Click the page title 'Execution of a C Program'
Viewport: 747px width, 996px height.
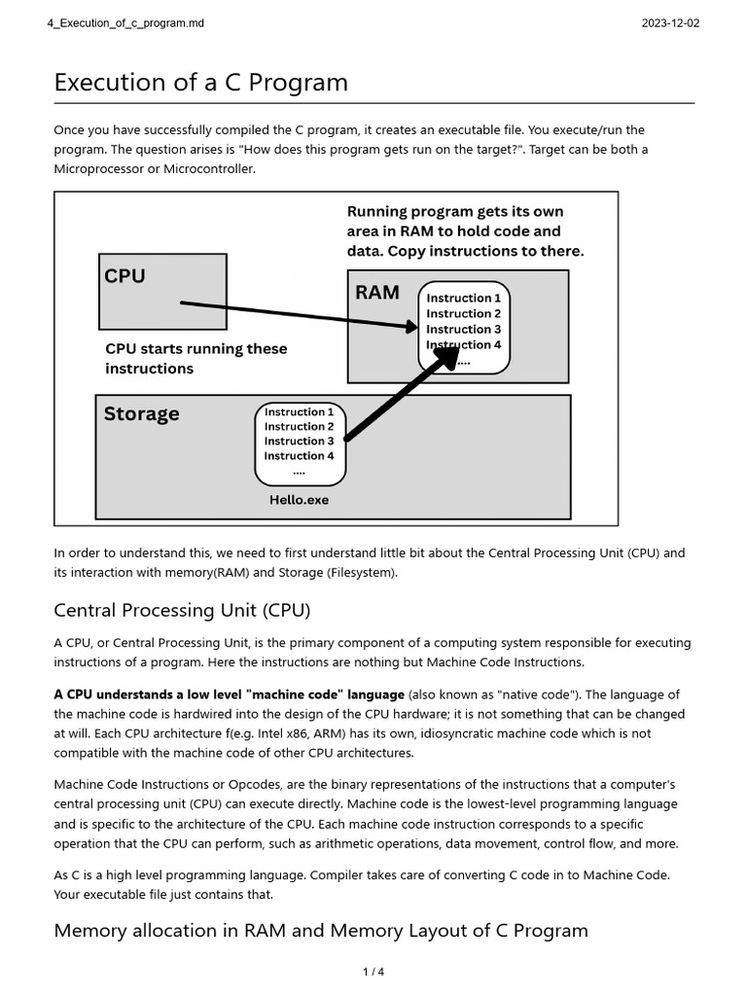tap(200, 83)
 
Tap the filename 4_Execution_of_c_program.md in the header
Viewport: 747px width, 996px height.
tap(125, 23)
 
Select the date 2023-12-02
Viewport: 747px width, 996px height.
tap(670, 23)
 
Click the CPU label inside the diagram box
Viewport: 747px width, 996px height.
tap(124, 276)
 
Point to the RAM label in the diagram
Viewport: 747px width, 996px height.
tap(376, 292)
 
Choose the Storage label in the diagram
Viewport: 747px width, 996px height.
tap(141, 413)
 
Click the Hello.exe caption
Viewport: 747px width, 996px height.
tap(299, 500)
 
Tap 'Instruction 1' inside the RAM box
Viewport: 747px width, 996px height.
tap(464, 298)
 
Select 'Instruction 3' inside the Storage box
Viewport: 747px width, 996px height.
tap(299, 441)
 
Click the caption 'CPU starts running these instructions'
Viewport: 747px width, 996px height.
tap(196, 358)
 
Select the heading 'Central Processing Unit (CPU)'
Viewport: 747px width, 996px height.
tap(182, 611)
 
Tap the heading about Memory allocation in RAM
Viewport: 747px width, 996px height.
tap(321, 930)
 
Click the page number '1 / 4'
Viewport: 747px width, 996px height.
tap(373, 972)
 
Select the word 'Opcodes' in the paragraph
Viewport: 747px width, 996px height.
tap(248, 784)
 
